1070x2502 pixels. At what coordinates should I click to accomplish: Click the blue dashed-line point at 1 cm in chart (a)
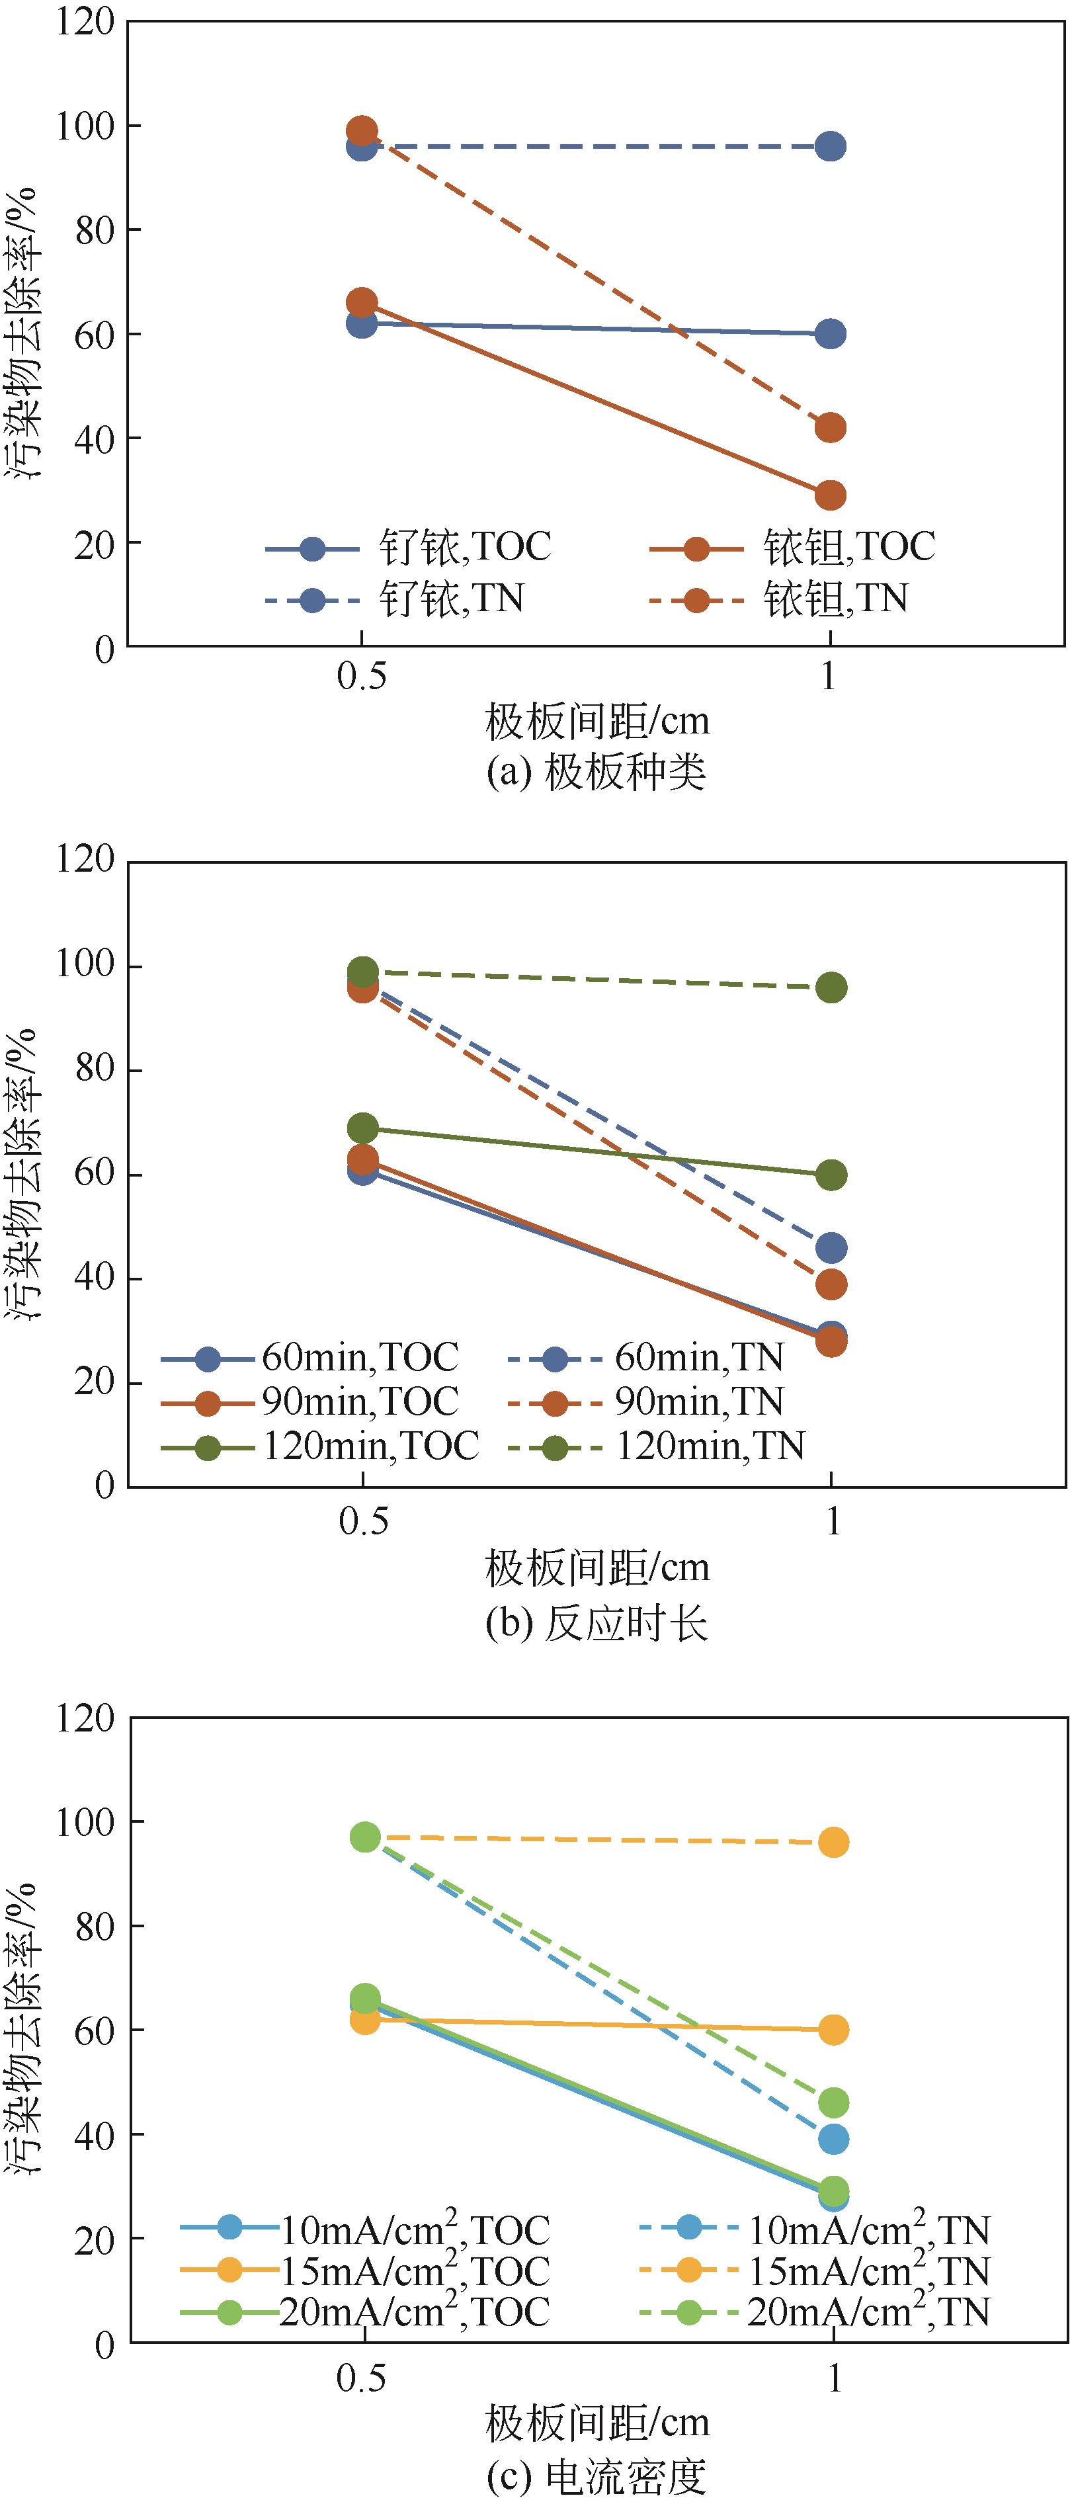click(x=829, y=147)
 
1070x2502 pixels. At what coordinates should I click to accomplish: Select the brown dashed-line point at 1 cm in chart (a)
click(x=829, y=427)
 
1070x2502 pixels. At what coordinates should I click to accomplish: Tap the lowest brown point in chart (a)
click(x=829, y=495)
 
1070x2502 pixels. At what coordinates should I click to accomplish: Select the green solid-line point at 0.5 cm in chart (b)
click(x=362, y=1128)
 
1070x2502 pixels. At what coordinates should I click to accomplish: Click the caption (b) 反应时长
click(x=596, y=1624)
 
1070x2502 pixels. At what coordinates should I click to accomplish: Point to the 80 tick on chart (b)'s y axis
click(x=94, y=1069)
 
